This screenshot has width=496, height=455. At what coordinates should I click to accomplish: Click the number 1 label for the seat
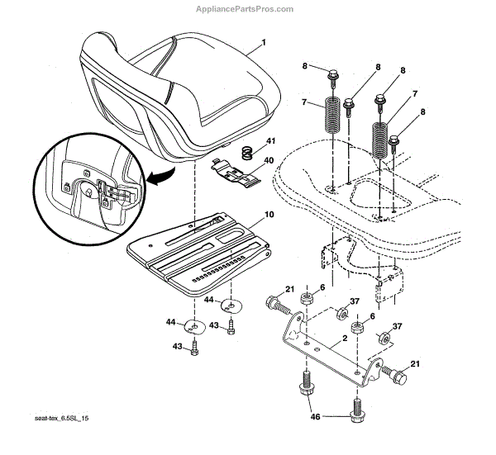(264, 42)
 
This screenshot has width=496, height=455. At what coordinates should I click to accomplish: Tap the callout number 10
(269, 215)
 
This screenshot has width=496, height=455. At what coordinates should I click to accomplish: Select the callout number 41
(270, 142)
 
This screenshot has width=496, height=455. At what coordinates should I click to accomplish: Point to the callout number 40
(269, 161)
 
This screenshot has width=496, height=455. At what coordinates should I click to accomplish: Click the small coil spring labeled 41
(246, 152)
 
